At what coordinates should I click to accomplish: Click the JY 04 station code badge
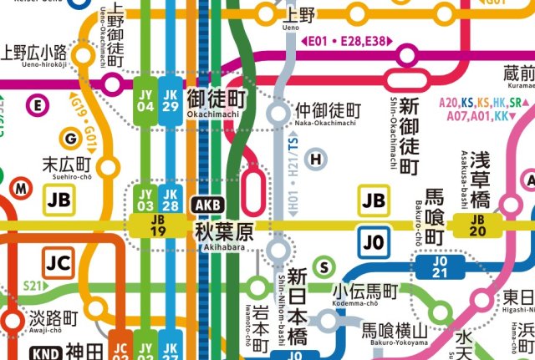coord(145,99)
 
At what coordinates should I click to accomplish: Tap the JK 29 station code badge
coord(170,99)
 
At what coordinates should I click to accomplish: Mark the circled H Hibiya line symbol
coord(315,159)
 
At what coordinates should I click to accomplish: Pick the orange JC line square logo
coord(59,263)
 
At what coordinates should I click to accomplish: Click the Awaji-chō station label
coord(52,323)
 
